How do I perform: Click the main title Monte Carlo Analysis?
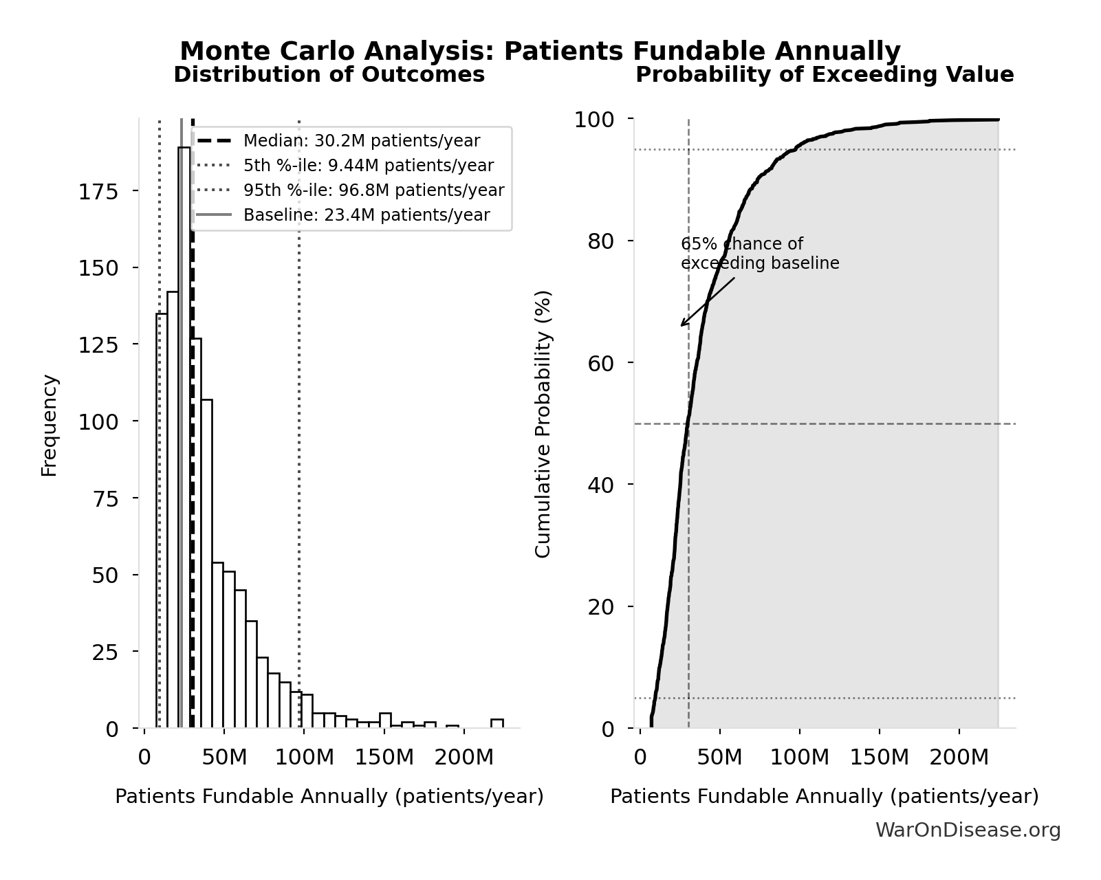coord(540,52)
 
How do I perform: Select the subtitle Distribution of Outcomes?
coord(329,75)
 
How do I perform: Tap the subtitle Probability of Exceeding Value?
coord(824,75)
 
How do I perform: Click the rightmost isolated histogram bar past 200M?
coord(497,723)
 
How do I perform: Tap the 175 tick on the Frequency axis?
coord(98,192)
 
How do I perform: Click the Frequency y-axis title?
coord(50,425)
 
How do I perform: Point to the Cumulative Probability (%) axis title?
coord(543,424)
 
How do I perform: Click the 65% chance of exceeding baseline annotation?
coord(759,254)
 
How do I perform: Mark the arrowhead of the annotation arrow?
coord(682,325)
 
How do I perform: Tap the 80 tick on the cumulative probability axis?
coord(600,241)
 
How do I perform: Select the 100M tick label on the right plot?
coord(799,758)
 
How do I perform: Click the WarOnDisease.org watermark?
coord(968,830)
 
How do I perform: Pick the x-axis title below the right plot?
coord(824,797)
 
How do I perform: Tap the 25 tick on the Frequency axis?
coord(105,652)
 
